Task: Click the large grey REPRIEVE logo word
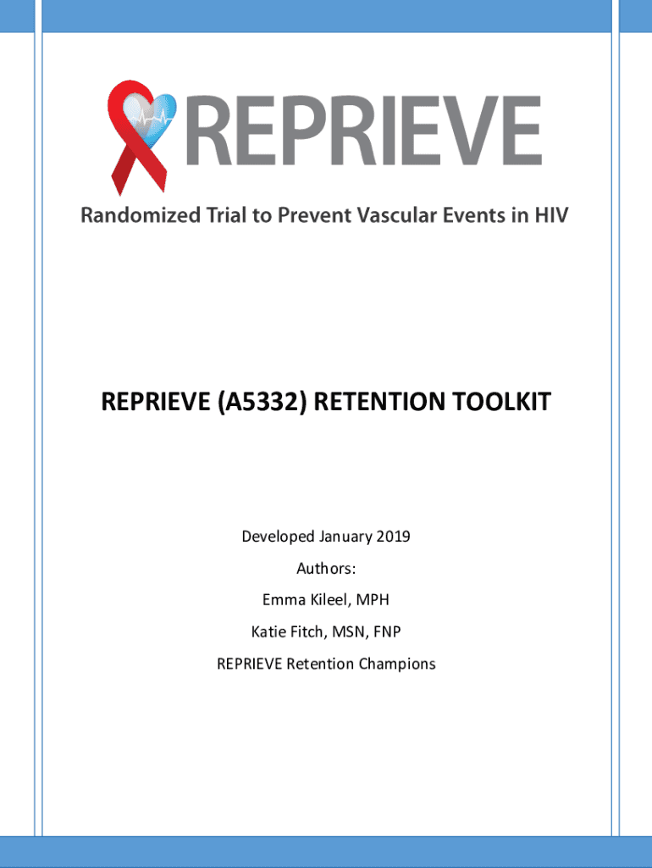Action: (363, 131)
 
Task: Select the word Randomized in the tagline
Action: (141, 214)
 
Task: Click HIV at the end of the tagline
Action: (550, 214)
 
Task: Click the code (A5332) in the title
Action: (262, 401)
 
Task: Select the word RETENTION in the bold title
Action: (380, 401)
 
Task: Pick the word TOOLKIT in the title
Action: (501, 401)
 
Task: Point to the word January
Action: (345, 537)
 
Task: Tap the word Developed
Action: (279, 537)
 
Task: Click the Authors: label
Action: (326, 569)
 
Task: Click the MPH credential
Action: (373, 599)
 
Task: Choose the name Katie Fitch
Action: (288, 632)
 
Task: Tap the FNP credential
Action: (387, 632)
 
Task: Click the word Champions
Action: (397, 664)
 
